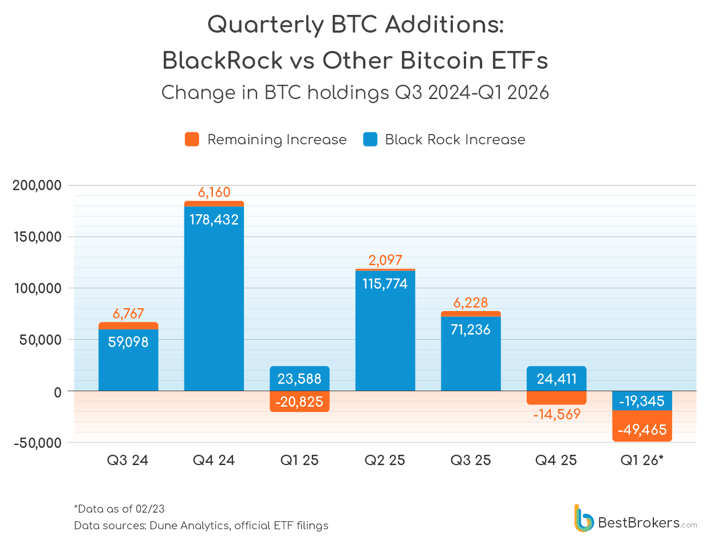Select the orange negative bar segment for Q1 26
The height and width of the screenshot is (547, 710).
pyautogui.click(x=642, y=426)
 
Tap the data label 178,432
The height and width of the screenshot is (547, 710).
pyautogui.click(x=214, y=219)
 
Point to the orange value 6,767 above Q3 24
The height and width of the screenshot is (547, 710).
pyautogui.click(x=128, y=313)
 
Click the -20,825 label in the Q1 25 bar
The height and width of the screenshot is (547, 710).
pyautogui.click(x=299, y=402)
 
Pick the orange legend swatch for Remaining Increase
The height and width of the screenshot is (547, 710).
pyautogui.click(x=192, y=139)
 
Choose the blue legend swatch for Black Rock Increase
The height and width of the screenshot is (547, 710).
pyautogui.click(x=370, y=139)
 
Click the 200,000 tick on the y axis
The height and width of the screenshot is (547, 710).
pyautogui.click(x=37, y=186)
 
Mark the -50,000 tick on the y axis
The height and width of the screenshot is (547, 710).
pyautogui.click(x=37, y=443)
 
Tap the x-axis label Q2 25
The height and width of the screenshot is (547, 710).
pyautogui.click(x=385, y=461)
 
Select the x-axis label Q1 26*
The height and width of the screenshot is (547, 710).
pyautogui.click(x=642, y=461)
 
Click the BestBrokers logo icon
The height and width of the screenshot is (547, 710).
pyautogui.click(x=583, y=518)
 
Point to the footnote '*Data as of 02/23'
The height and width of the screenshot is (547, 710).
pyautogui.click(x=119, y=509)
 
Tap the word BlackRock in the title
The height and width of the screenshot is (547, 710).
pyautogui.click(x=222, y=60)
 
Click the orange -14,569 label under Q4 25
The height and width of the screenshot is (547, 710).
pyautogui.click(x=557, y=414)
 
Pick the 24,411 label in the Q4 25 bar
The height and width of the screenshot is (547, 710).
pyautogui.click(x=557, y=379)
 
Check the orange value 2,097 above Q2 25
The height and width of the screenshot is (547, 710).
pyautogui.click(x=385, y=260)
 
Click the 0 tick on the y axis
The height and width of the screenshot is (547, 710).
pyautogui.click(x=57, y=392)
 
